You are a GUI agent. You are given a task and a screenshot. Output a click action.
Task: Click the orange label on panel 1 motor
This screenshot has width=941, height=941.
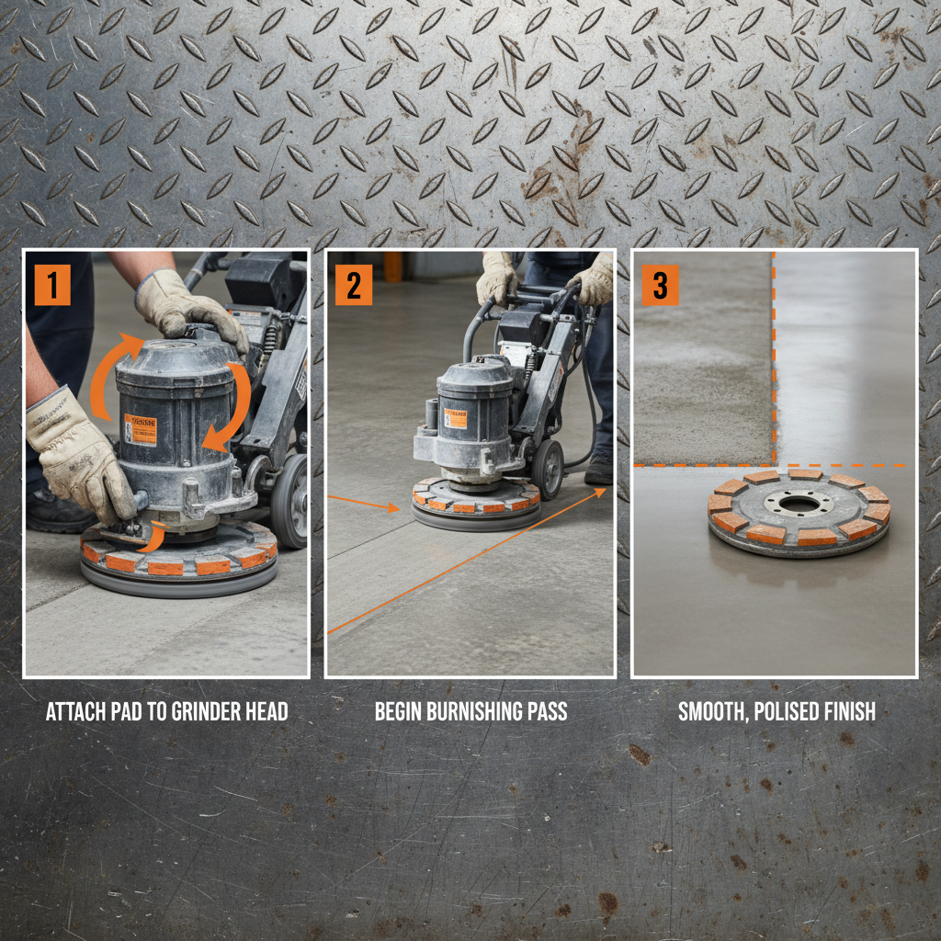(140, 429)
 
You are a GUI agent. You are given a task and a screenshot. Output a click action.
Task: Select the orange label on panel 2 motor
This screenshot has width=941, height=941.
(456, 417)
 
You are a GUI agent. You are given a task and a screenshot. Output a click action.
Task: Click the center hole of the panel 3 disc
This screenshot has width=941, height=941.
(796, 505)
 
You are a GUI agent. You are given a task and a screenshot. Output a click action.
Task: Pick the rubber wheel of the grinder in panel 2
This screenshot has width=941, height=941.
(548, 469)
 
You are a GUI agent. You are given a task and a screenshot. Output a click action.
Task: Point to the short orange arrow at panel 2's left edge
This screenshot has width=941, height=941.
(364, 503)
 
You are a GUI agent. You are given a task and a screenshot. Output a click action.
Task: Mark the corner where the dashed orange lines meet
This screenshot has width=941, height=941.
(774, 464)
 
